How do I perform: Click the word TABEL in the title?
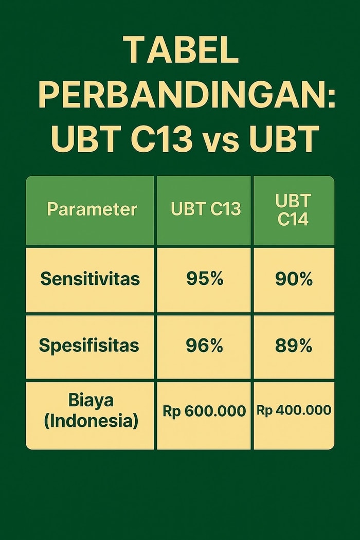tap(180, 50)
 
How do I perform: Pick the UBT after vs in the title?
tap(282, 139)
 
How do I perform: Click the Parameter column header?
tap(92, 209)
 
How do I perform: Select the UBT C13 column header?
tap(206, 209)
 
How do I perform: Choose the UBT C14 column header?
tap(293, 210)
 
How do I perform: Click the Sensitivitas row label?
tap(91, 278)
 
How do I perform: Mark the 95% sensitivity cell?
tap(205, 278)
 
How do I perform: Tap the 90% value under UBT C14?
tap(294, 278)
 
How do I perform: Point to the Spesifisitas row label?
tap(89, 346)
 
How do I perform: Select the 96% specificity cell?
tap(204, 345)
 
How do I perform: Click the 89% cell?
tap(294, 345)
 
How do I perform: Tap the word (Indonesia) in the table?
tap(91, 421)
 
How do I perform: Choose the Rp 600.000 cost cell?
tap(204, 411)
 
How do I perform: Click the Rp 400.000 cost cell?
tap(294, 410)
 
